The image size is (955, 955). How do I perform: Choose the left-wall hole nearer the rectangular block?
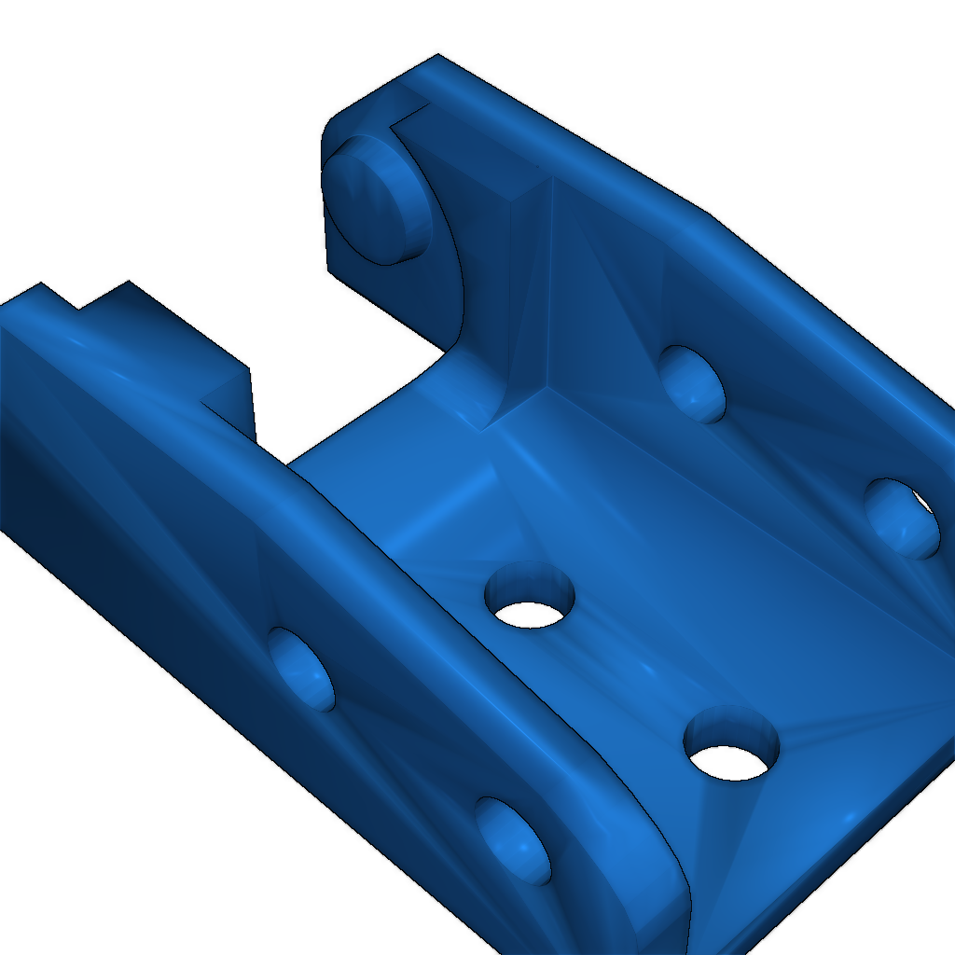coord(302,668)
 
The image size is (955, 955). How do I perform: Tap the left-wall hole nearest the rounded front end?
coord(513,839)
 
